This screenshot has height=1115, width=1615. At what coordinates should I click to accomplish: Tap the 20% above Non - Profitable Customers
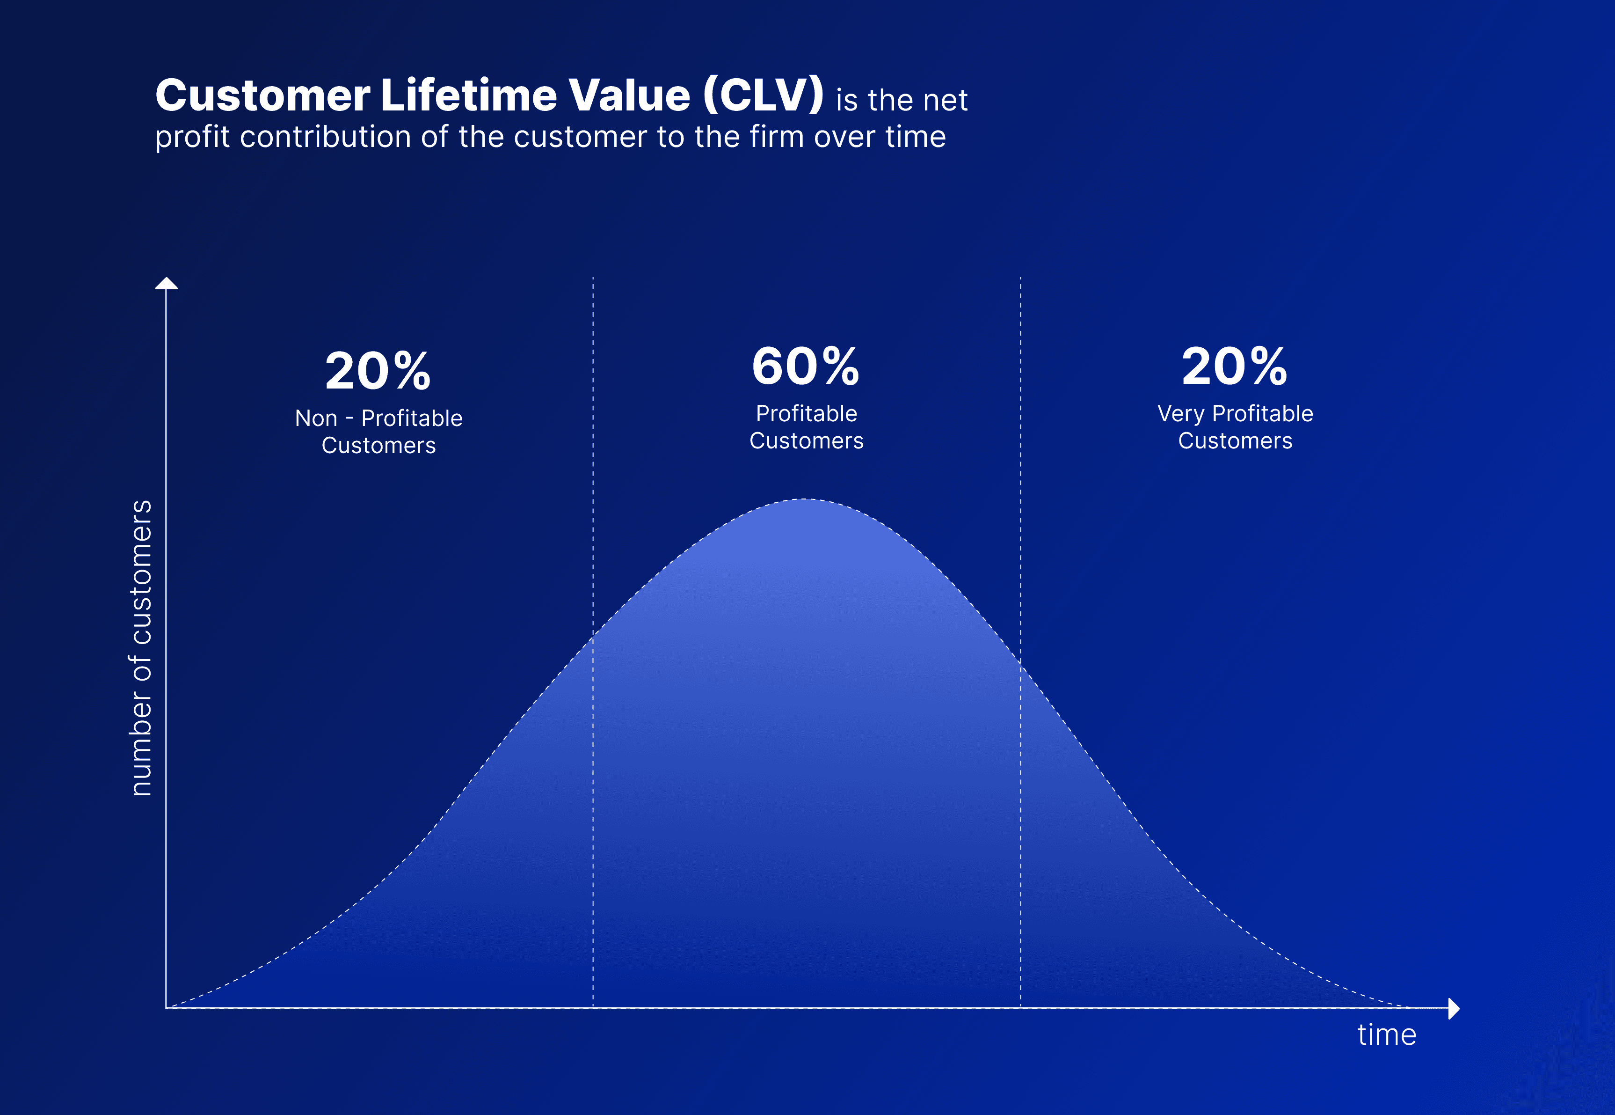[378, 371]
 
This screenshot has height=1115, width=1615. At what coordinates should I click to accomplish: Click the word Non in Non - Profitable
[316, 418]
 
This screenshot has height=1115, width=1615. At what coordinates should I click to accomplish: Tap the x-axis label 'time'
[1387, 1034]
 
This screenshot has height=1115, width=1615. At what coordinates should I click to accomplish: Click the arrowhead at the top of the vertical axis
[166, 283]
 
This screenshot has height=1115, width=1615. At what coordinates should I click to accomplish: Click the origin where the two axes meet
[166, 1007]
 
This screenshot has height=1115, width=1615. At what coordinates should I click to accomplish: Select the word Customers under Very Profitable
[1235, 441]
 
